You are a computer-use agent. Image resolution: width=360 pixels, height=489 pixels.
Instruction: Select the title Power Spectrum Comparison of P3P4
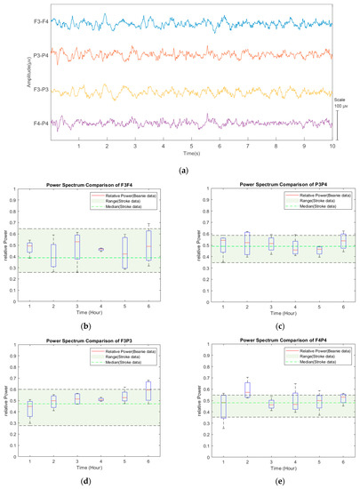pos(283,184)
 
